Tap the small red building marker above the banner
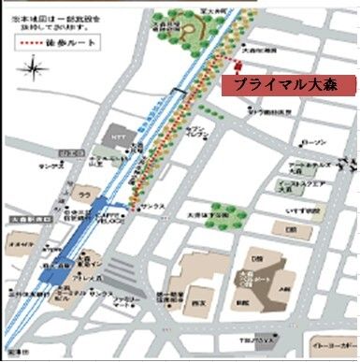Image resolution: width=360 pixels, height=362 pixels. [x=237, y=65]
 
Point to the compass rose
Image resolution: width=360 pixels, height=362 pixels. [x=36, y=68]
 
